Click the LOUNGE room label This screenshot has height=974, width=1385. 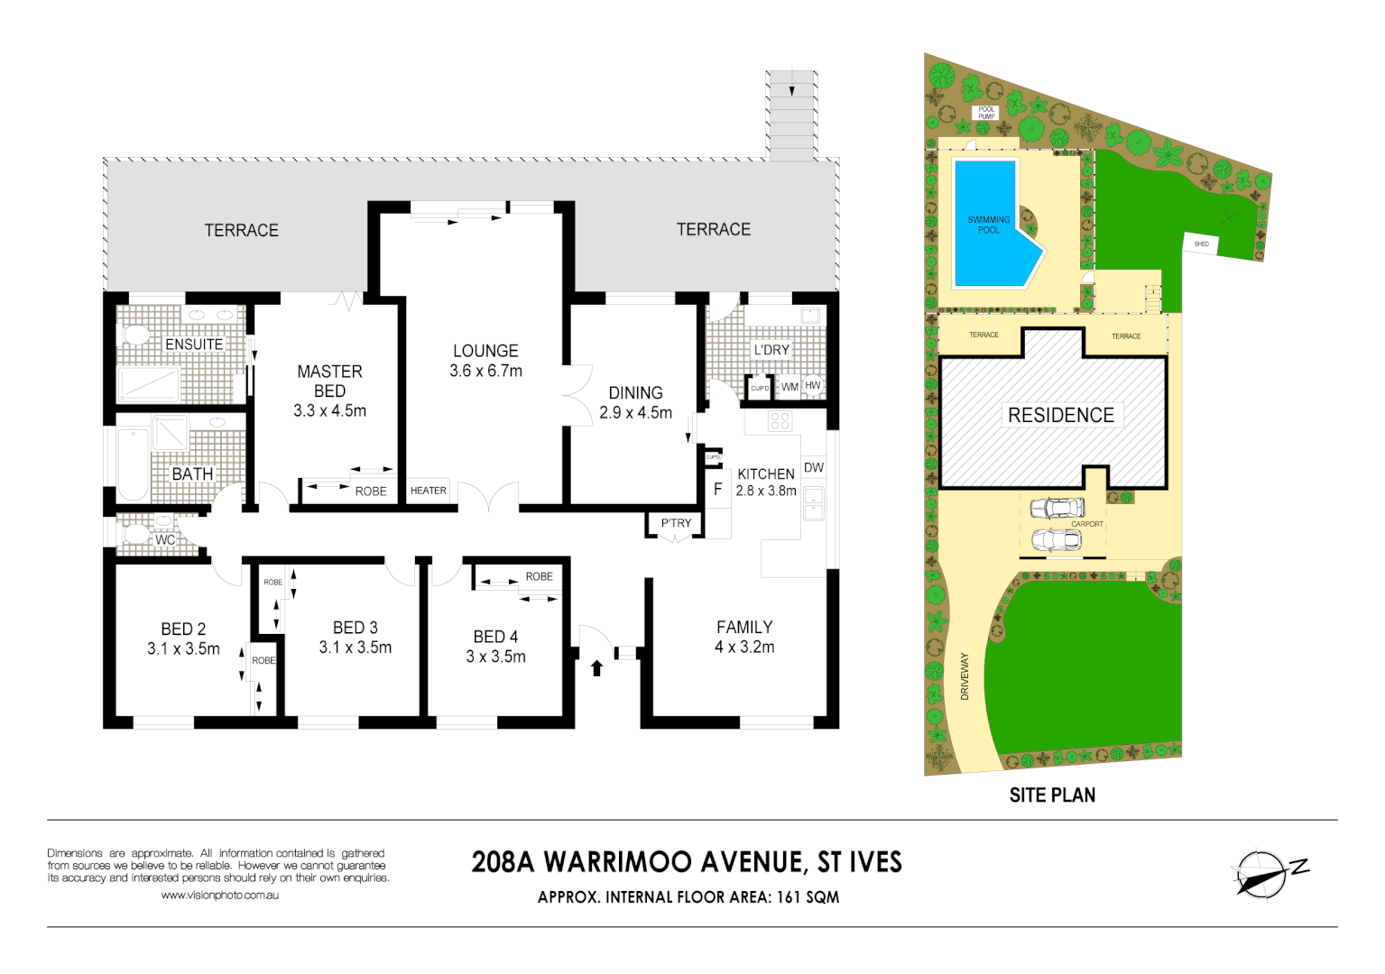tap(485, 351)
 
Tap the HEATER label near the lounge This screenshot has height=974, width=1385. tap(429, 491)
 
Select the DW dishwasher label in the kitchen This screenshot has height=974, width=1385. tap(813, 467)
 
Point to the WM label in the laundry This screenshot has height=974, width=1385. tap(789, 387)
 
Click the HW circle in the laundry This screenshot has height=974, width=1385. tap(813, 385)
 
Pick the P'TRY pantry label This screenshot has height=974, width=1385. tap(676, 523)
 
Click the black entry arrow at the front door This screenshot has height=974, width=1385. tap(596, 668)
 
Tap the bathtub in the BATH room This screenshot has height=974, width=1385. tap(133, 464)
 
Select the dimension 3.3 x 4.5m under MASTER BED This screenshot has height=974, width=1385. tap(329, 411)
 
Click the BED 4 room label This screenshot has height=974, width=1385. tap(495, 637)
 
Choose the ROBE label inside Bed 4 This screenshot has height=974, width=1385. tap(539, 576)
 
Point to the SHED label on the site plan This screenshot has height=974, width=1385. tap(1201, 243)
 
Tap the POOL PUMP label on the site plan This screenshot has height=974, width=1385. tap(986, 113)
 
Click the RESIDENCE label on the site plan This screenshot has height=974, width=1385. tap(1061, 415)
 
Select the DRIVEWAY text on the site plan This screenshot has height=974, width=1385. tap(965, 676)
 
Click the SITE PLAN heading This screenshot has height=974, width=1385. tap(1052, 795)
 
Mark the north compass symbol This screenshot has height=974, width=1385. tap(1263, 874)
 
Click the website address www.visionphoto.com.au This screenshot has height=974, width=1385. tap(219, 896)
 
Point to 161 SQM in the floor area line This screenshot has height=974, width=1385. tap(808, 897)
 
